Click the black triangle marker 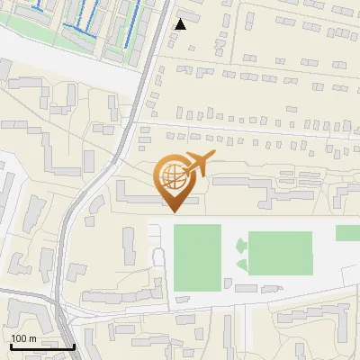click(x=180, y=24)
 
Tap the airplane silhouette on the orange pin click(x=196, y=165)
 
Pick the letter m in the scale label click(x=33, y=338)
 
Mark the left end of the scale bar click(x=9, y=346)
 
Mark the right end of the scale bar click(x=74, y=346)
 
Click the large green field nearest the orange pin click(x=197, y=257)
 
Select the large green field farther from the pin click(x=280, y=252)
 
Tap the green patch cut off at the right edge click(x=347, y=233)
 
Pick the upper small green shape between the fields click(x=241, y=246)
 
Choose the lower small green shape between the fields click(x=241, y=264)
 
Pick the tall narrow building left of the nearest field click(x=129, y=246)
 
